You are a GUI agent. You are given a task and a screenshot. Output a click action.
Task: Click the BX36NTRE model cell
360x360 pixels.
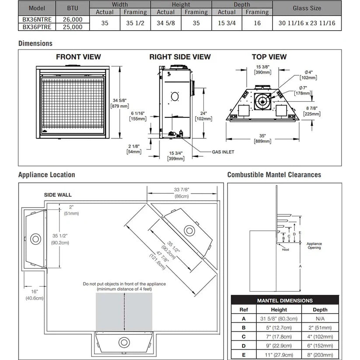(x=36, y=20)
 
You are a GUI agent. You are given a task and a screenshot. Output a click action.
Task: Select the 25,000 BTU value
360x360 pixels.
(x=72, y=27)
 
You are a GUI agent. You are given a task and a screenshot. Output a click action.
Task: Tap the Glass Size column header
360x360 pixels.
(x=307, y=8)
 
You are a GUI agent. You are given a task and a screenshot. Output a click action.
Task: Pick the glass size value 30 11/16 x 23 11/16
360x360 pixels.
(x=307, y=23)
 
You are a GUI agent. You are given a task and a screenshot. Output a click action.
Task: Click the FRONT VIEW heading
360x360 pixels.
(x=78, y=56)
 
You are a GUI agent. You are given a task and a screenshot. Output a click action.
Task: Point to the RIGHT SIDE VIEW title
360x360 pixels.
(x=180, y=56)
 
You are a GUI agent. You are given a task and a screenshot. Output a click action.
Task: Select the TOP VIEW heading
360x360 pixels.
(x=269, y=56)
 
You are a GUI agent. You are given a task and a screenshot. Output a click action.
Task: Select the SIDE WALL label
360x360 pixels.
(x=58, y=194)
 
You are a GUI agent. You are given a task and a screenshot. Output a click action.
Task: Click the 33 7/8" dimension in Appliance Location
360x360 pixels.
(x=182, y=190)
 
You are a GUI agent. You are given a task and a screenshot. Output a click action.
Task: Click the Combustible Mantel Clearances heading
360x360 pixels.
(x=274, y=175)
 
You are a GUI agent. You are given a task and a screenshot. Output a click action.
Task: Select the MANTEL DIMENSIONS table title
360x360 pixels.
(x=284, y=300)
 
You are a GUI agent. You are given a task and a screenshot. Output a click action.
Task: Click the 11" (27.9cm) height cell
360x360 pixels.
(x=279, y=354)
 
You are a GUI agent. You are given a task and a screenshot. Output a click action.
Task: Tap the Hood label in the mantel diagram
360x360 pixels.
(x=285, y=250)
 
